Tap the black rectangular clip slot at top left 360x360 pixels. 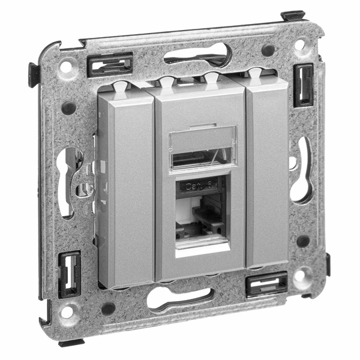coord(110,64)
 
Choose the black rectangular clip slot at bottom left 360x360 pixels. coord(69,274)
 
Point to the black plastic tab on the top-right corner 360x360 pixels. coord(292,15)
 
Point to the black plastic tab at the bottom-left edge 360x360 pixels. coord(70,343)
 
